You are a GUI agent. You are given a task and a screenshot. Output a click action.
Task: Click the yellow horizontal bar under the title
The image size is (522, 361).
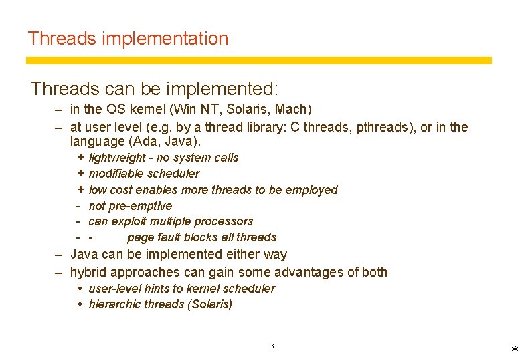click(x=258, y=60)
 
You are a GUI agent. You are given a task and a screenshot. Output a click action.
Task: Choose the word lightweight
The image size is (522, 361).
click(x=117, y=158)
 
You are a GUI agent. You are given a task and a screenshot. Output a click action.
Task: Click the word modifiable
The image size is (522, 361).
click(x=117, y=174)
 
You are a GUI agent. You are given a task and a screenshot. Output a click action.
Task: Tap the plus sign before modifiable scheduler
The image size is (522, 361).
click(x=81, y=174)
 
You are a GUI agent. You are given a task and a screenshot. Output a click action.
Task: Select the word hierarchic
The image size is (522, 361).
click(x=114, y=304)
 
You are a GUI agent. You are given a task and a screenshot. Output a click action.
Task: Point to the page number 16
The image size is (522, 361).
click(x=271, y=346)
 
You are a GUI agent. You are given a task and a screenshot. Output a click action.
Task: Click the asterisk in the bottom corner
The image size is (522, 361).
click(x=514, y=351)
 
